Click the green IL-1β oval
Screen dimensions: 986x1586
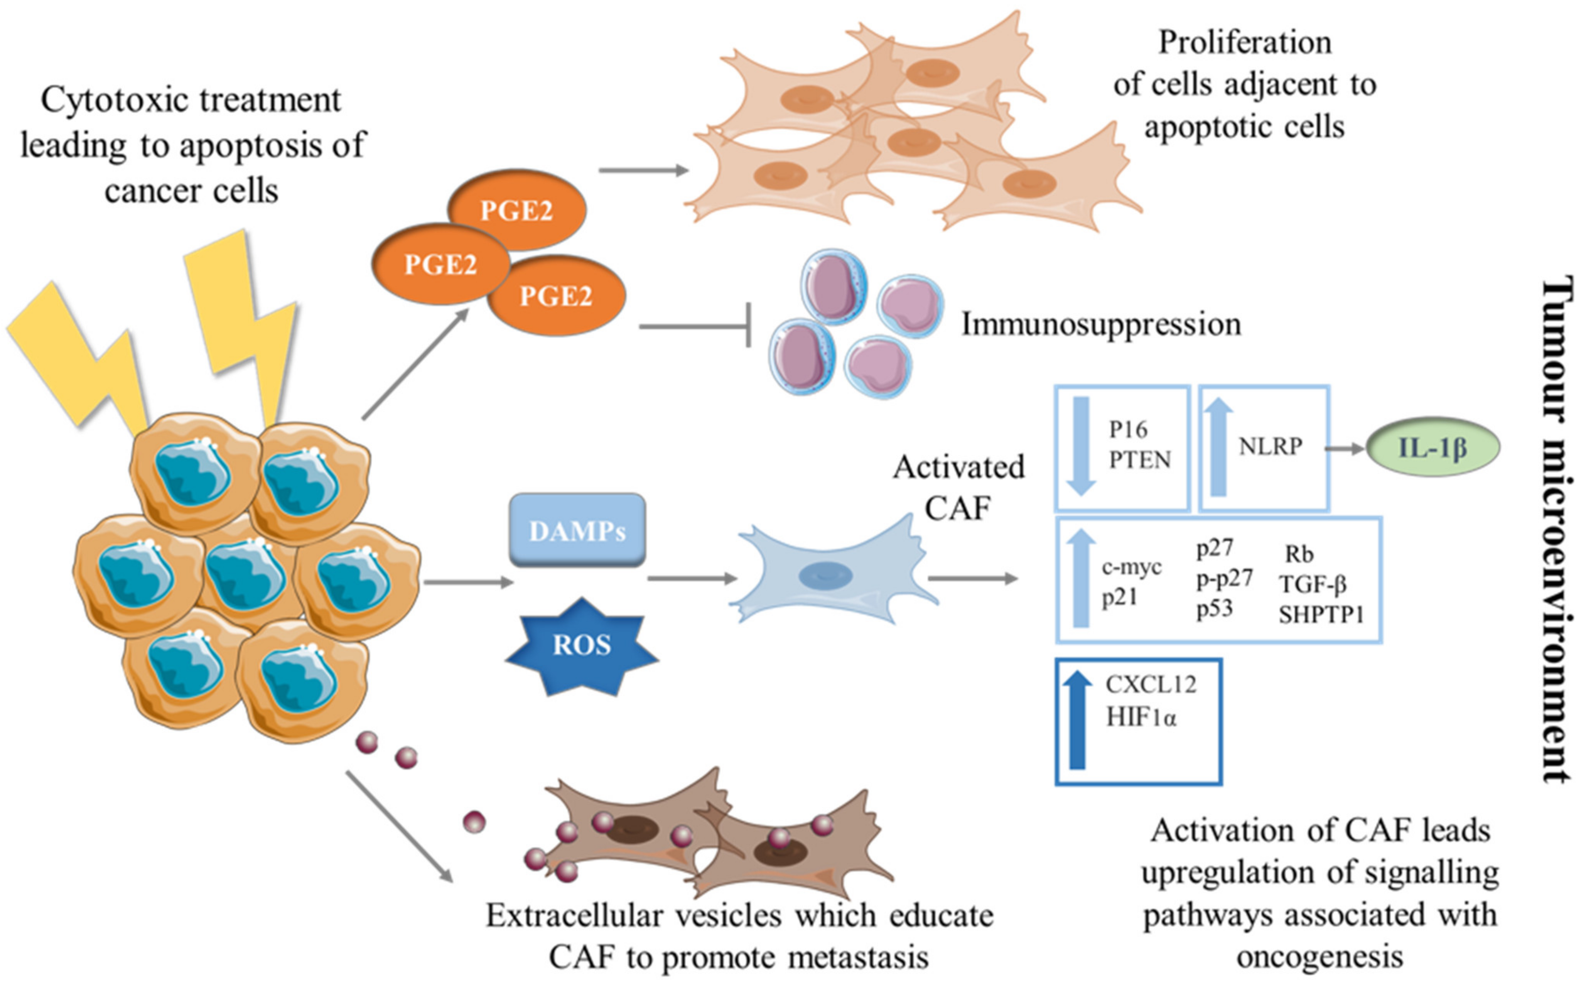(1432, 447)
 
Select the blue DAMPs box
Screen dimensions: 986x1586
(577, 530)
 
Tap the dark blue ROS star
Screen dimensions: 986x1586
(582, 646)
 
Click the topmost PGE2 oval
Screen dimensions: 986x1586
(516, 210)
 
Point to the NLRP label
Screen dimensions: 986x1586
(1270, 447)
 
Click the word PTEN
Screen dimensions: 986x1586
(1139, 460)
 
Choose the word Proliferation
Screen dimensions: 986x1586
(1244, 43)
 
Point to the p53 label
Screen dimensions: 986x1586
(1214, 608)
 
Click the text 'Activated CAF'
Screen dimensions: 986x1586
(958, 487)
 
